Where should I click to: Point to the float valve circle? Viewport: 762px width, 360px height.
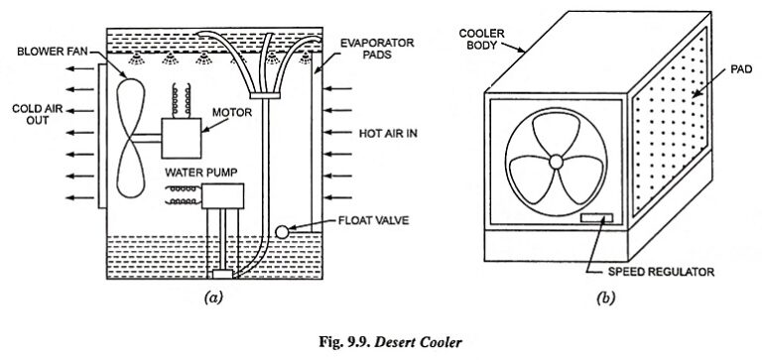[x=282, y=230]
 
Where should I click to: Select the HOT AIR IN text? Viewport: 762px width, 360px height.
[x=382, y=131]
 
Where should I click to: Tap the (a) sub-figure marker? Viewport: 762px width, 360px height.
[x=211, y=296]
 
